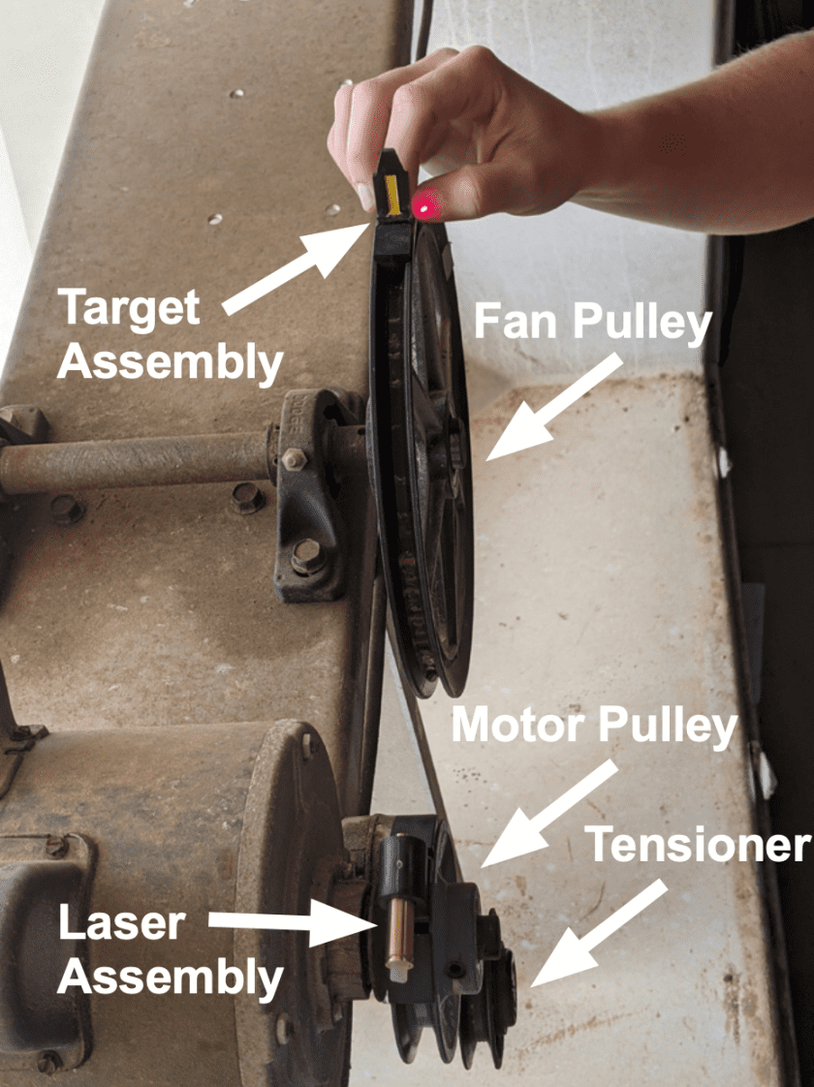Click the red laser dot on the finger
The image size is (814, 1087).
[424, 206]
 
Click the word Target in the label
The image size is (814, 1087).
[131, 308]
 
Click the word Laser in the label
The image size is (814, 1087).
[122, 922]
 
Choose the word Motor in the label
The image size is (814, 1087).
[517, 725]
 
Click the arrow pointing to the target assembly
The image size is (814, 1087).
[297, 267]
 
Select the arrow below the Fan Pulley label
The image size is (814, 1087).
[552, 408]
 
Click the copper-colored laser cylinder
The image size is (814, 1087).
[400, 932]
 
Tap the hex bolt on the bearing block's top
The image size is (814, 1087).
[293, 458]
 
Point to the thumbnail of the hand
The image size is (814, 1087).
[364, 197]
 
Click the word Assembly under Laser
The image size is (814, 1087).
[171, 978]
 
